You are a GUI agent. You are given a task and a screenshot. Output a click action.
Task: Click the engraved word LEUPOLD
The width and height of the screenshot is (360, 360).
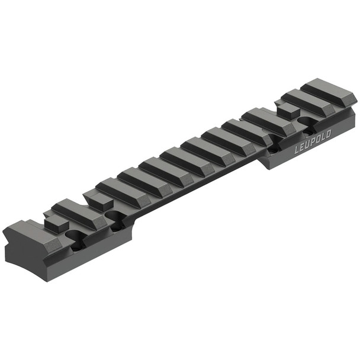click(x=313, y=142)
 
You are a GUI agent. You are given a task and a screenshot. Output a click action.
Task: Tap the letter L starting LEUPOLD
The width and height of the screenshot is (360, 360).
click(x=297, y=150)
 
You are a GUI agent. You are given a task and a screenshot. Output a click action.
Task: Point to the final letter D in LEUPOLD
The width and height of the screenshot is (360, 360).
click(x=327, y=134)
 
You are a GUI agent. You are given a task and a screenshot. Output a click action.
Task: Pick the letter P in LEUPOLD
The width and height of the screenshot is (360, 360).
click(x=313, y=142)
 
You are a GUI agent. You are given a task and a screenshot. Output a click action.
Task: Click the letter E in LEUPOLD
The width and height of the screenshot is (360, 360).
click(x=302, y=147)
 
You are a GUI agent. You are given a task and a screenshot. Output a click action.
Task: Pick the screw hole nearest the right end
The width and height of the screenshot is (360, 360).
click(x=308, y=121)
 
